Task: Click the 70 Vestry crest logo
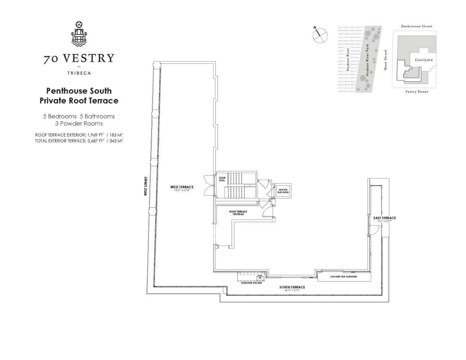pos(79,34)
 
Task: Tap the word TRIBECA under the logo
pos(79,73)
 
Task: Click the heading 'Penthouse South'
pos(79,91)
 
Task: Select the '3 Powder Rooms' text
pos(79,123)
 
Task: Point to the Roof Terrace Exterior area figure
pos(79,135)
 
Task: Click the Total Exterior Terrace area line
pos(79,141)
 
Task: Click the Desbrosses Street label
pos(417,26)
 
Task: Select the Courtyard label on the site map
pos(424,60)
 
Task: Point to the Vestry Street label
pos(417,92)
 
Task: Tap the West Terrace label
pos(182,187)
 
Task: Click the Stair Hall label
pos(222,179)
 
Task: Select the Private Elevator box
pos(283,191)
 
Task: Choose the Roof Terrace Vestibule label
pos(238,213)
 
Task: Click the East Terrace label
pos(385,218)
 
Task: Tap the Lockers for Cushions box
pos(344,276)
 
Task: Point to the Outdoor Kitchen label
pos(251,283)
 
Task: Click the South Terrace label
pos(292,287)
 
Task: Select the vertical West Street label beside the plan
pos(146,186)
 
